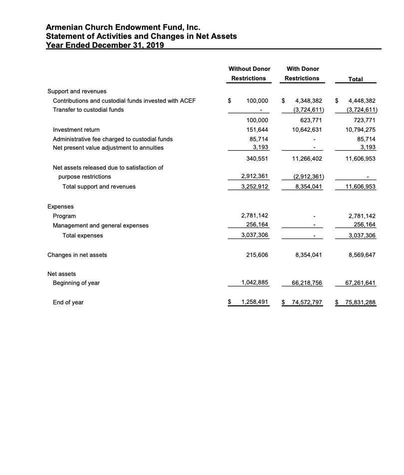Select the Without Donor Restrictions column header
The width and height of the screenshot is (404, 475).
tap(249, 73)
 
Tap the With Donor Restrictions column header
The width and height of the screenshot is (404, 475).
tap(302, 73)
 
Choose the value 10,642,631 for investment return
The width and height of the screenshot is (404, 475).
tap(308, 129)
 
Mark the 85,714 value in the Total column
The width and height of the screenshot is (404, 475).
tap(365, 139)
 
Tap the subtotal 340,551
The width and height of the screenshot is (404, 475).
tap(257, 158)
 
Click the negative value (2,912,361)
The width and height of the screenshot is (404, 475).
tap(308, 177)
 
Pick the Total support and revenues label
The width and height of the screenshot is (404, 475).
tap(99, 187)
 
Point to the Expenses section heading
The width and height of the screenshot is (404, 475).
tap(60, 206)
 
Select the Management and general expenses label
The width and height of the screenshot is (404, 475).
tap(101, 226)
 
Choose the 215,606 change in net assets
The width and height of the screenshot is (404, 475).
tap(258, 254)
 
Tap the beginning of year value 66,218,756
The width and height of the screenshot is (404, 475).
tap(306, 283)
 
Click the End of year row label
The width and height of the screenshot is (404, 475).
tap(68, 302)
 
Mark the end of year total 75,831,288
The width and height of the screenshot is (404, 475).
tap(358, 302)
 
